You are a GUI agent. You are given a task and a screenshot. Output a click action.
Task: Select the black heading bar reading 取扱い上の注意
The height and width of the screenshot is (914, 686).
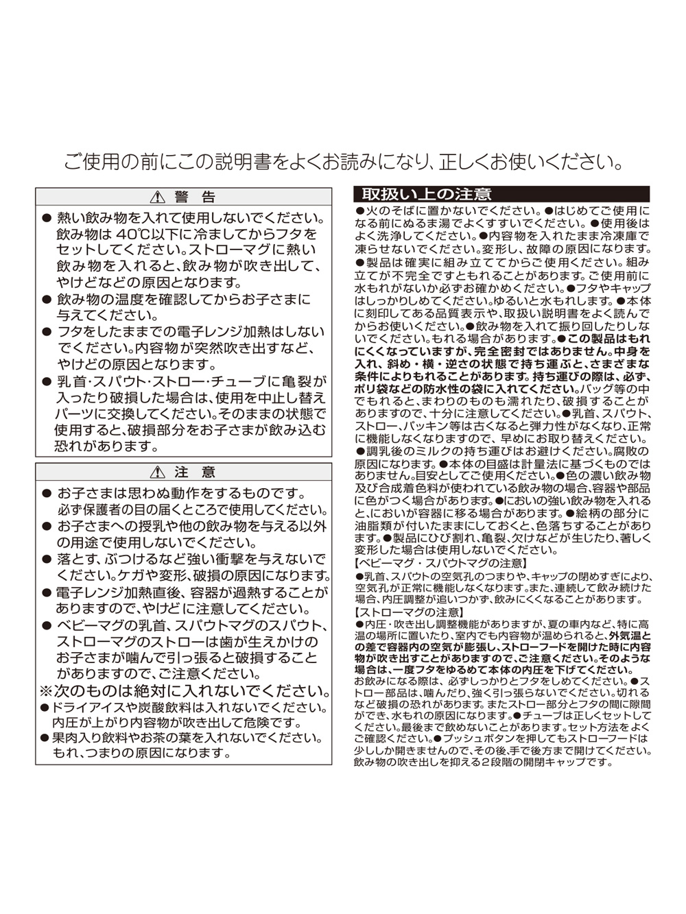click(x=501, y=194)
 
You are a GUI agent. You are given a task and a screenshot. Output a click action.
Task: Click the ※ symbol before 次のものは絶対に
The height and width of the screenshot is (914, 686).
click(x=46, y=690)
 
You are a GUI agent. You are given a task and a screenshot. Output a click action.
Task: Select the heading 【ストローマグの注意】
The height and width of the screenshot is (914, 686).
click(x=410, y=612)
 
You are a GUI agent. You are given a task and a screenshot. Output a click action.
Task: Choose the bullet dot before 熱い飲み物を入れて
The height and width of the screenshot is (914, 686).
click(x=47, y=218)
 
